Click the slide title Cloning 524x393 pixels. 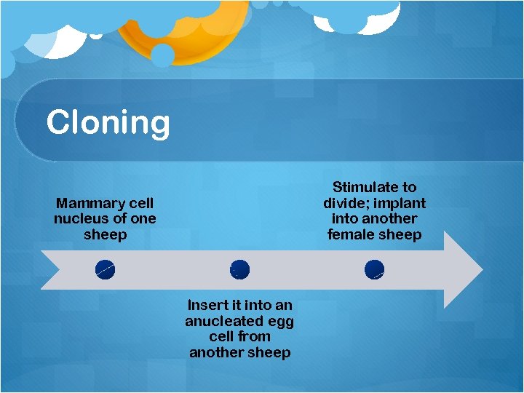pyautogui.click(x=108, y=122)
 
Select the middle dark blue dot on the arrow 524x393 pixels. pyautogui.click(x=239, y=270)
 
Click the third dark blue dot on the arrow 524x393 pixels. pyautogui.click(x=374, y=270)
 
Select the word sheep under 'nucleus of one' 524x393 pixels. pyautogui.click(x=105, y=234)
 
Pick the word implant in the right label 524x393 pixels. pyautogui.click(x=400, y=203)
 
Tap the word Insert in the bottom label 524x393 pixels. pyautogui.click(x=208, y=305)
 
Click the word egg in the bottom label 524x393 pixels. pyautogui.click(x=280, y=321)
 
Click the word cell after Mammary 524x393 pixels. pyautogui.click(x=138, y=203)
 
